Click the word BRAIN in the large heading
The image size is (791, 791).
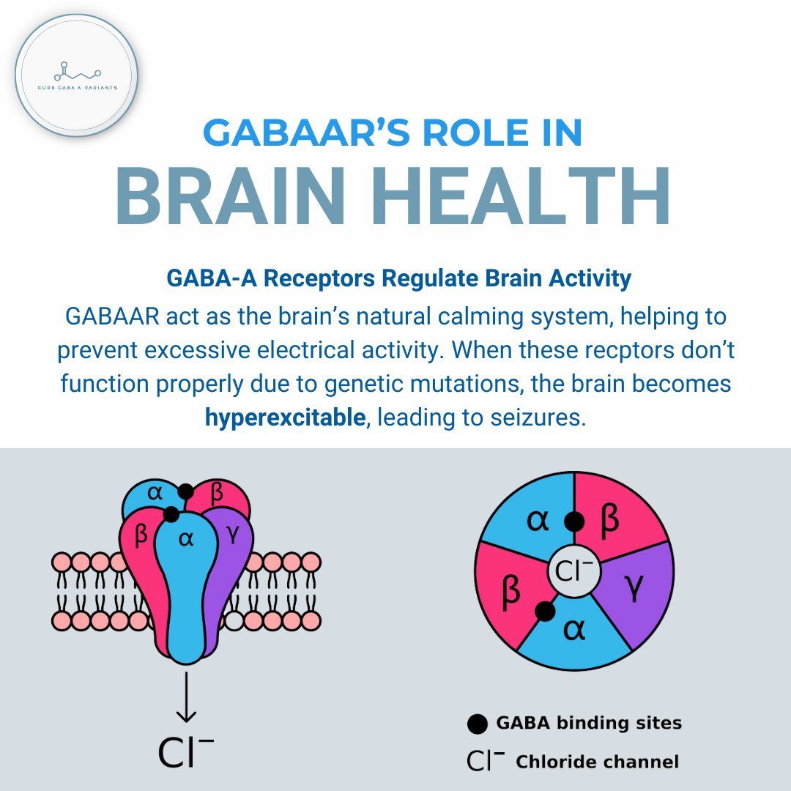point(242,196)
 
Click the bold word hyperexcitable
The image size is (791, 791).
point(285,418)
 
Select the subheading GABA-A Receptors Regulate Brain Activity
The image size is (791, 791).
point(399,279)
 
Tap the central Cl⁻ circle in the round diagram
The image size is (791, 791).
point(574,571)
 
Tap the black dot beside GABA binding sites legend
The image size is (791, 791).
point(477,724)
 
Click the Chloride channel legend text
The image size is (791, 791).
point(597,762)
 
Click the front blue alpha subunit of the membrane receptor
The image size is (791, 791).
point(186,586)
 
